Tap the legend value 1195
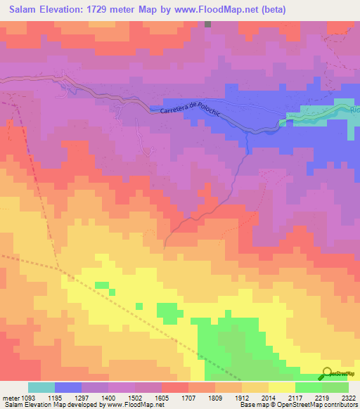(x=62, y=398)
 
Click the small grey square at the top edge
(x=208, y=23)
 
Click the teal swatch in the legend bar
(x=41, y=387)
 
